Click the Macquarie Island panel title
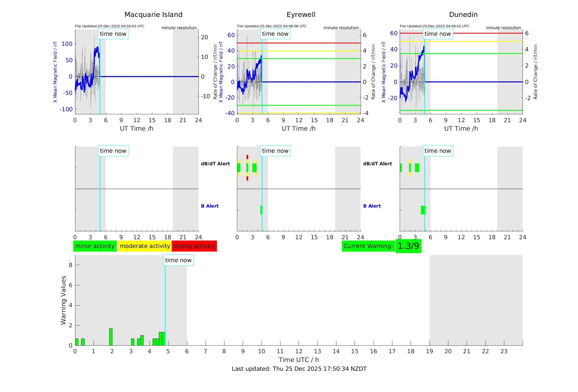point(153,15)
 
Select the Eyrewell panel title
point(301,15)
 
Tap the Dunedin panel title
point(463,15)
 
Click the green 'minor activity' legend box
point(95,246)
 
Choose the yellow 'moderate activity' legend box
point(145,246)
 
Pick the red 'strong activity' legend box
point(194,246)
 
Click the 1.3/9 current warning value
point(408,246)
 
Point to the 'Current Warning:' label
point(368,246)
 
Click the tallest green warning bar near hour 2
point(111,337)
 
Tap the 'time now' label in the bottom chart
point(178,260)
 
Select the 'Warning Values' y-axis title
point(64,300)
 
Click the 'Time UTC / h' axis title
point(299,360)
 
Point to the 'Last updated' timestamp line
point(299,369)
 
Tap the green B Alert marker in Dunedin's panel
point(423,210)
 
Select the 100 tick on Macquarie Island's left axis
point(67,44)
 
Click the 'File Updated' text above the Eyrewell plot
point(272,26)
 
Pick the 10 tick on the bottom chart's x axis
point(262,351)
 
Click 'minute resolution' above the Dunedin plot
point(503,28)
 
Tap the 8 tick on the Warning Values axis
point(71,265)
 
